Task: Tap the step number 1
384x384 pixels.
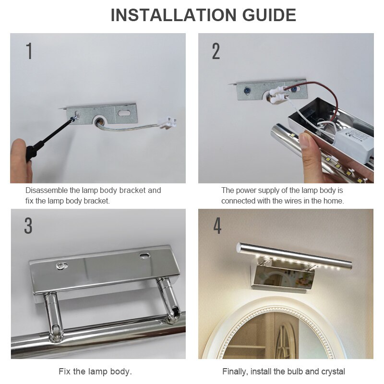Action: tap(29, 51)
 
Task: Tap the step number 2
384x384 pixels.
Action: tap(216, 51)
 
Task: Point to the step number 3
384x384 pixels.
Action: tap(28, 226)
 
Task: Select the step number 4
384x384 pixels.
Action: tap(217, 226)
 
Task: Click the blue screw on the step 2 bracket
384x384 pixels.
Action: tap(247, 89)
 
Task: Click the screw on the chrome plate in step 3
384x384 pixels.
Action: tap(61, 264)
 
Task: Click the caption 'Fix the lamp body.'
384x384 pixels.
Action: tap(95, 371)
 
